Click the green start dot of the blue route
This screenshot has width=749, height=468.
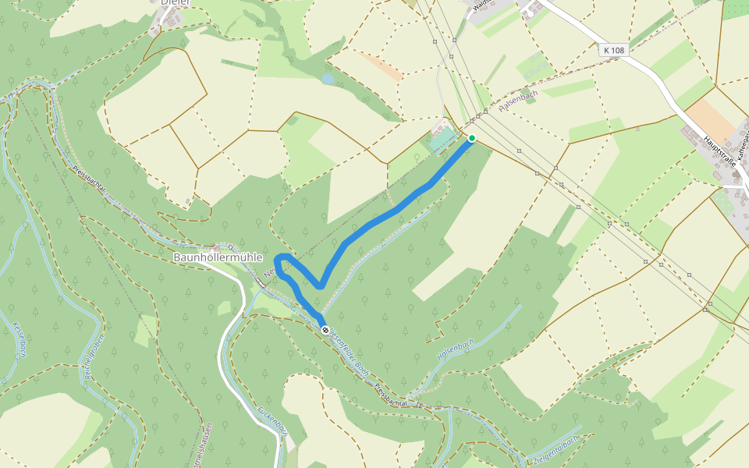(471, 138)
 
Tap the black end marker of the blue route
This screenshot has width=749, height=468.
(325, 331)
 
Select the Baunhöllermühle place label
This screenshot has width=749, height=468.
(218, 257)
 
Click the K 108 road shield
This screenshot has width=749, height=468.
(614, 50)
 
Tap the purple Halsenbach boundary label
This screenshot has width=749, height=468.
(519, 106)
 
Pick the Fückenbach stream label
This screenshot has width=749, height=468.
(272, 422)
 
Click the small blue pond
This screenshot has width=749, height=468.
(328, 80)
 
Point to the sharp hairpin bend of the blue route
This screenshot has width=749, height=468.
(320, 285)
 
